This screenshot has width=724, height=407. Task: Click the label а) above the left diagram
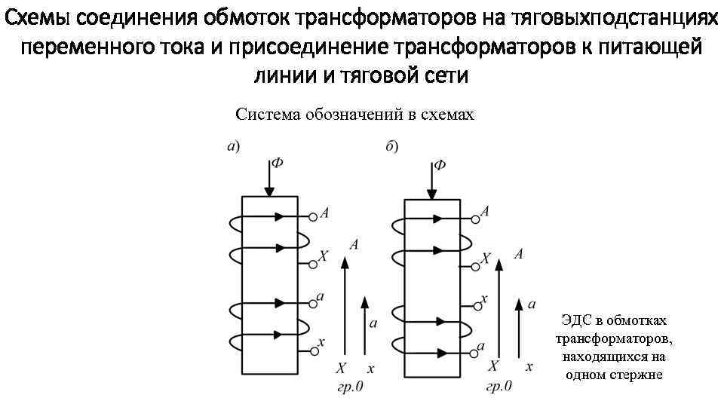pyautogui.click(x=233, y=146)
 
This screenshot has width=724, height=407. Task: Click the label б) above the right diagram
pyautogui.click(x=392, y=146)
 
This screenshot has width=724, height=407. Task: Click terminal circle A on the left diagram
pyautogui.click(x=312, y=216)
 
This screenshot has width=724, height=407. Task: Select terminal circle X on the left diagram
pyautogui.click(x=312, y=264)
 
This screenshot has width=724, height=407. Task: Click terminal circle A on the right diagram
pyautogui.click(x=476, y=219)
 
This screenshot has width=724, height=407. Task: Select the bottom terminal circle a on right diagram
pyautogui.click(x=476, y=350)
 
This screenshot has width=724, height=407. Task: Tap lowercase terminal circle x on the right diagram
pyautogui.click(x=476, y=305)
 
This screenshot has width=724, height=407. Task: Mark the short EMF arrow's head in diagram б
pyautogui.click(x=518, y=303)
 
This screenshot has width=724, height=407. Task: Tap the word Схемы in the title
pyautogui.click(x=38, y=17)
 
